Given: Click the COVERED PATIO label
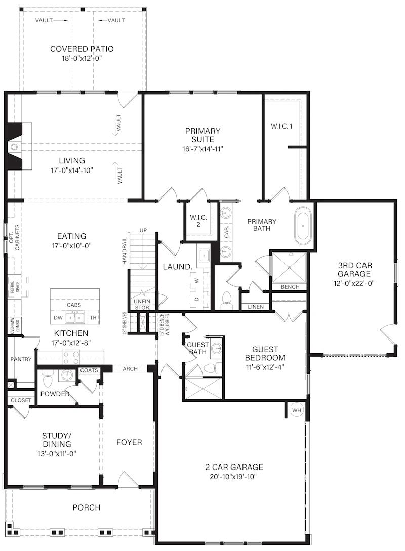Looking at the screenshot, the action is coord(82,49).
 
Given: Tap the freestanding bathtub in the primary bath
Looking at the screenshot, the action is coord(303,226).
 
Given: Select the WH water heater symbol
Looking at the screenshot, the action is coord(296,410).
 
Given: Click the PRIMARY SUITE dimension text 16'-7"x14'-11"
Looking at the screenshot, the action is coord(202,149).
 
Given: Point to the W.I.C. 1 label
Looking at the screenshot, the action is coord(281,126).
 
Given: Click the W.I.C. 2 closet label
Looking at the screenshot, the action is coord(198,221).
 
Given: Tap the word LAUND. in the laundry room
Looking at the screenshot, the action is coord(178,267).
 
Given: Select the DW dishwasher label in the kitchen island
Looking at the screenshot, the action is coord(58,318).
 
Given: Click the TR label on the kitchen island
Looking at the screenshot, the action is coord(93,318).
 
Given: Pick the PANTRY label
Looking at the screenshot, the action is coord(21,359).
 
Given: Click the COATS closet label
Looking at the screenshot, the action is coord(89,370).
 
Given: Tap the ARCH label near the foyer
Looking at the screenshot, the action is coord(130,369).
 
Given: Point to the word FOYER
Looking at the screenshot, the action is coord(129,442).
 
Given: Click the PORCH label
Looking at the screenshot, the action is coord(87,507).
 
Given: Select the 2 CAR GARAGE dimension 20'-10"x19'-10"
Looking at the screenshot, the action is coord(234,477).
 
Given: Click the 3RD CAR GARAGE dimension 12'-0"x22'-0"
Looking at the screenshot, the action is coord(354,283).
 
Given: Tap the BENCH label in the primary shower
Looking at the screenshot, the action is coord(290,287).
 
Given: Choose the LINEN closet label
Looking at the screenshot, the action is coord(256,307).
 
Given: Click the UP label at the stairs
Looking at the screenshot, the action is coord(143,231).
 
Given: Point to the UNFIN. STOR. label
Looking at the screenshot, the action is coord(143,304).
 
